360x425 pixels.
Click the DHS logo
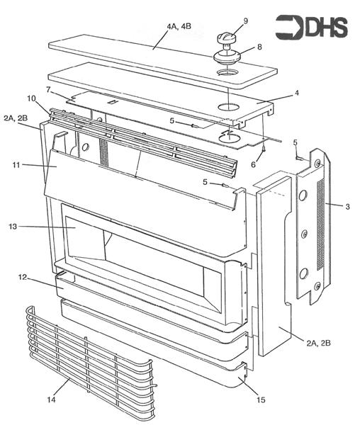(312, 28)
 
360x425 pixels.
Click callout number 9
(245, 21)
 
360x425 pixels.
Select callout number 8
(259, 47)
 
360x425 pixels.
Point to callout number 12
(23, 278)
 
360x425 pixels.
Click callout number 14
(50, 400)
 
